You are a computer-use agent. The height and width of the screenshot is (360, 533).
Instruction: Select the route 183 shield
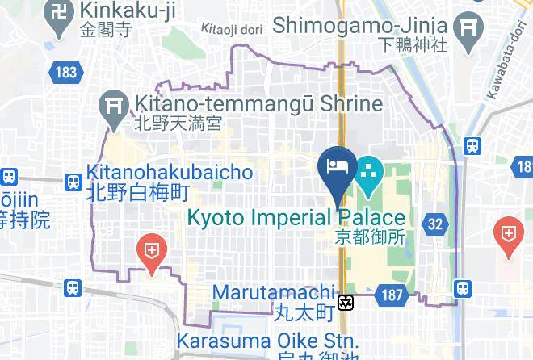(67, 73)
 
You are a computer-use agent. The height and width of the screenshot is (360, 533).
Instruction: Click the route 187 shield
(392, 296)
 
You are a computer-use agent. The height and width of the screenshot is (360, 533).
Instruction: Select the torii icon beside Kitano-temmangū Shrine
(111, 105)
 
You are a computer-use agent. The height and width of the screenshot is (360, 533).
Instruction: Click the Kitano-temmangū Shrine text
(258, 105)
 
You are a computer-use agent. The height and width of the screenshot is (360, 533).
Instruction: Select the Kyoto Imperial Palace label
(296, 218)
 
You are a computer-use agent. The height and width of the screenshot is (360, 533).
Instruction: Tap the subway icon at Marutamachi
(346, 303)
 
